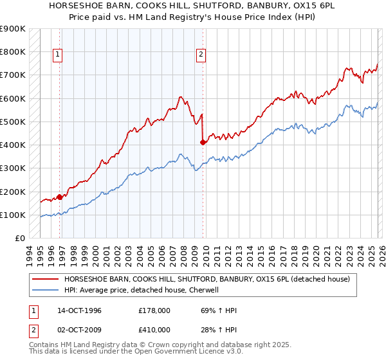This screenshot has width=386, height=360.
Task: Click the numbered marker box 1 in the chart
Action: (58, 55)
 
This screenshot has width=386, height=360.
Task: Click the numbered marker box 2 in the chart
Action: (201, 55)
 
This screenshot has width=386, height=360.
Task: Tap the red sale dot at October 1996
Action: (60, 197)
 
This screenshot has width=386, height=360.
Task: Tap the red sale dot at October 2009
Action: (203, 143)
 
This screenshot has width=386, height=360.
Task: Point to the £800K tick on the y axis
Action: (13, 51)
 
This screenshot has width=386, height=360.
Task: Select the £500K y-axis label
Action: (13, 122)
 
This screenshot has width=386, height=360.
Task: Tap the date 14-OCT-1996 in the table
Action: (79, 310)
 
